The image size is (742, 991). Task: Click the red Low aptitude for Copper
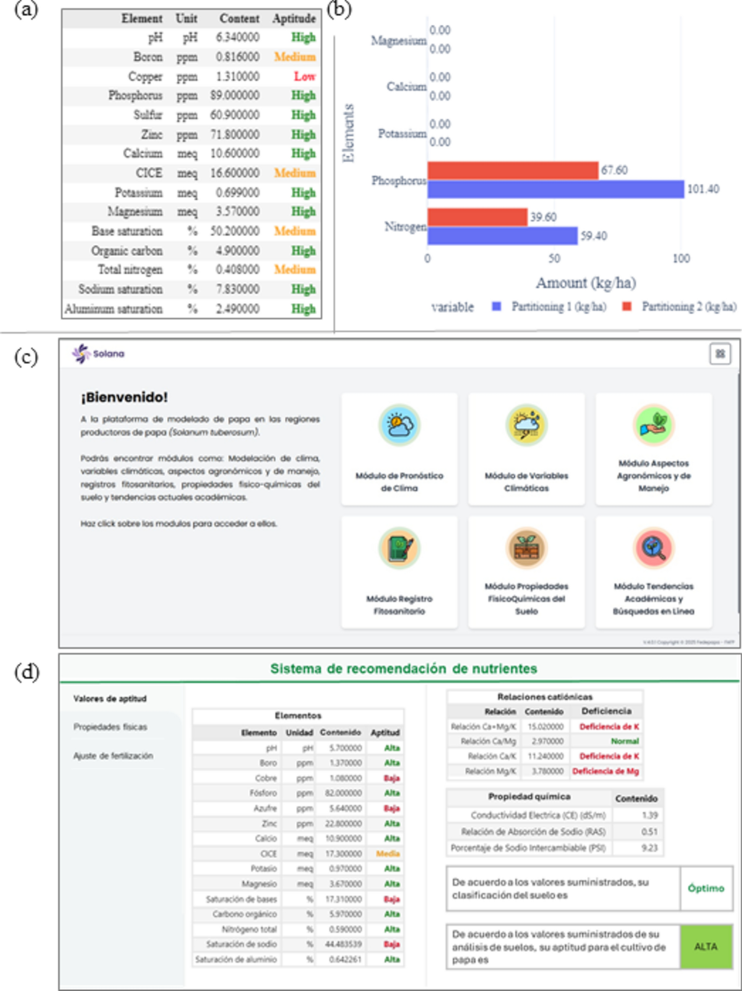(305, 77)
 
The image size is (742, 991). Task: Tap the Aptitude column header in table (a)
(294, 19)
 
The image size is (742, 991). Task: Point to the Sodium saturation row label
(120, 289)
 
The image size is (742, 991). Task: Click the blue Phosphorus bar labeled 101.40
(555, 189)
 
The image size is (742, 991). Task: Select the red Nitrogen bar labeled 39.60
(477, 217)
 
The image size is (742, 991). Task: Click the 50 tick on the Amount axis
(555, 258)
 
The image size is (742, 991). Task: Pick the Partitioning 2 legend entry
(680, 307)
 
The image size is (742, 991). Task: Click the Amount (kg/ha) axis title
(586, 283)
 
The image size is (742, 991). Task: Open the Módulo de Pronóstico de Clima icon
(399, 425)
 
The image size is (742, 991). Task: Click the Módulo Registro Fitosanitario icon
(399, 548)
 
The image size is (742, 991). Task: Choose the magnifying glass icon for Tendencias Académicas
(653, 548)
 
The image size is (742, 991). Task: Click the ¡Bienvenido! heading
(124, 397)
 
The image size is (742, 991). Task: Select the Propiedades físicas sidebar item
(110, 727)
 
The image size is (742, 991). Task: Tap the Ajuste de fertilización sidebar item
(113, 756)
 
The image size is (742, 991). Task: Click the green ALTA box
(706, 947)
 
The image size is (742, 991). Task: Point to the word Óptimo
(706, 888)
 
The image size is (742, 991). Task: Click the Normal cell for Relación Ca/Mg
(625, 741)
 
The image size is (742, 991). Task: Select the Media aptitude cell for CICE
(387, 854)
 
